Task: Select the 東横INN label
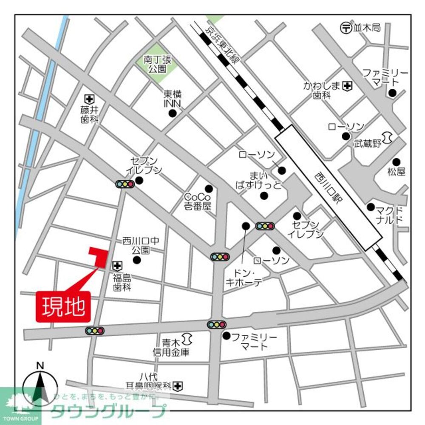click(173, 99)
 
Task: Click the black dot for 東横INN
click(172, 113)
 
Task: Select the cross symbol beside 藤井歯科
click(89, 99)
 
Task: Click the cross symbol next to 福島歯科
click(117, 266)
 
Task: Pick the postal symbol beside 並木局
click(345, 28)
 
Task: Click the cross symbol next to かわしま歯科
click(348, 86)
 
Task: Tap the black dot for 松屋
click(396, 162)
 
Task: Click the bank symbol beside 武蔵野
click(387, 138)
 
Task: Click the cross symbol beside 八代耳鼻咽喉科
click(177, 386)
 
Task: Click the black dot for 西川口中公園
click(136, 260)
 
